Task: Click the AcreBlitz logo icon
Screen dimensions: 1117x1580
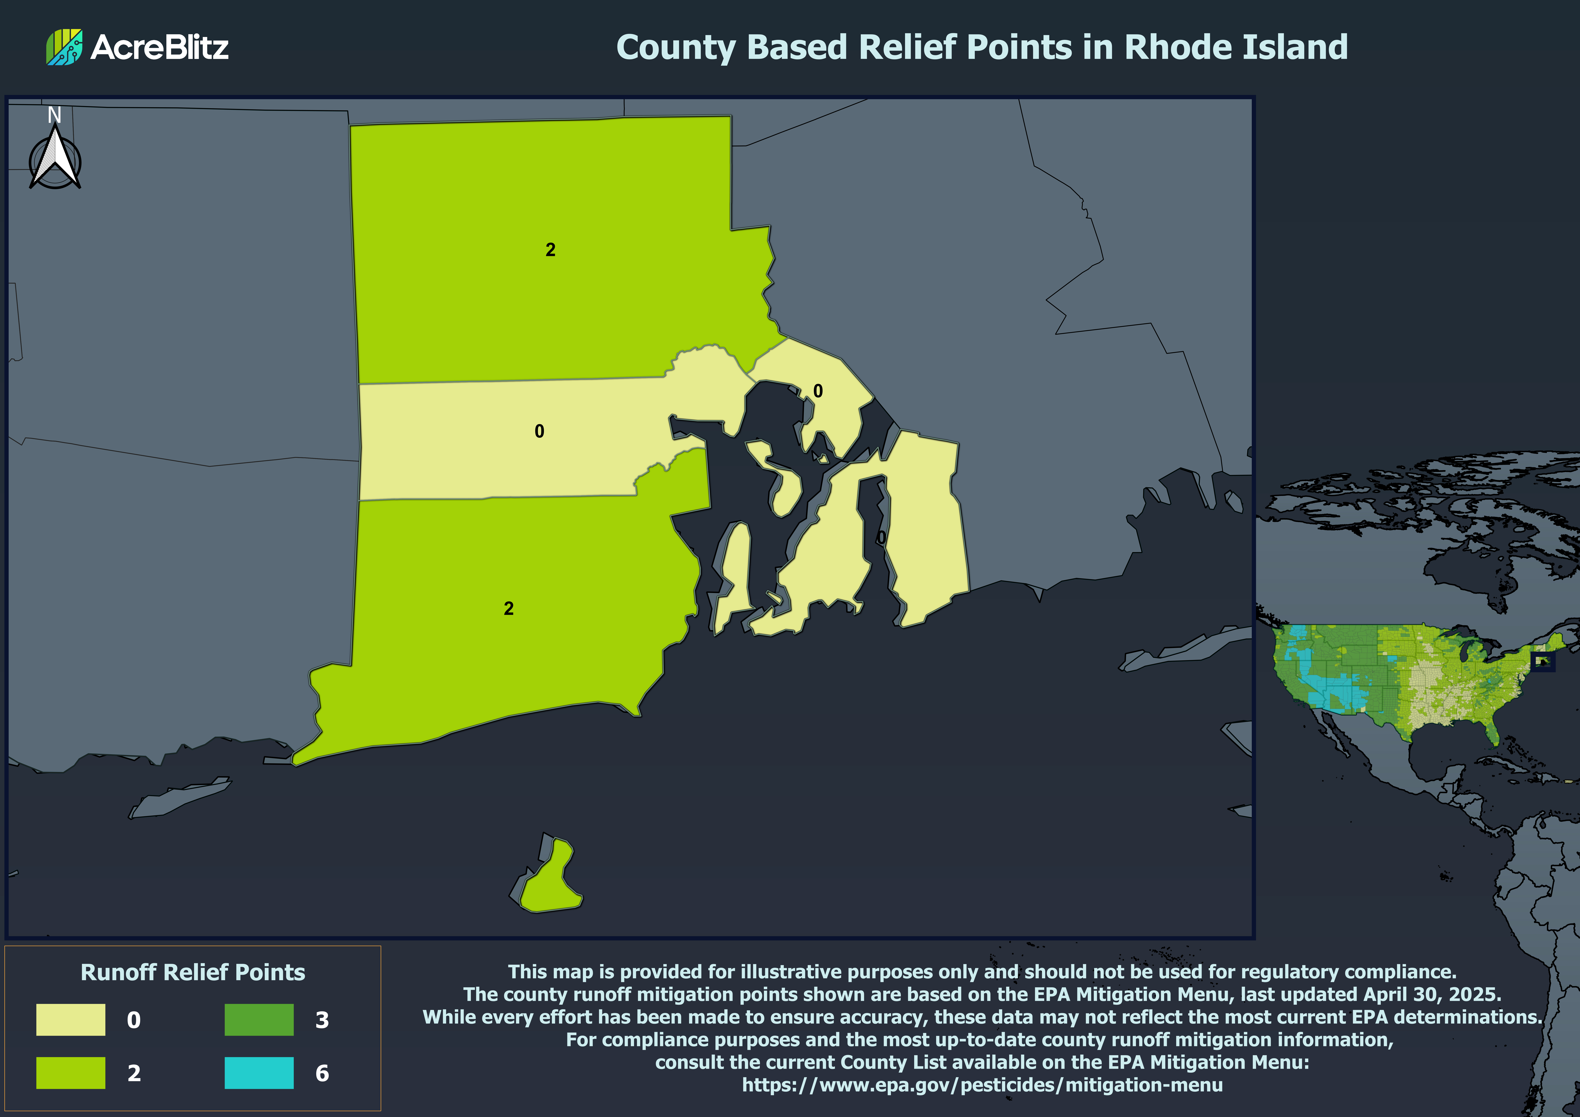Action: tap(64, 47)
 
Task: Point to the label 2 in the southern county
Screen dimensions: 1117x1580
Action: tap(509, 608)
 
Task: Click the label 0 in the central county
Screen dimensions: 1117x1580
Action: tap(540, 431)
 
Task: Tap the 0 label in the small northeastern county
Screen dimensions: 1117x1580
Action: tap(818, 391)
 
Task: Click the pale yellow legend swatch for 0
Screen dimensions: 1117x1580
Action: tap(71, 1019)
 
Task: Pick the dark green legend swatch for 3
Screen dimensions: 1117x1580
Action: tap(259, 1019)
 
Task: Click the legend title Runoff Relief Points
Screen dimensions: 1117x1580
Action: tap(193, 972)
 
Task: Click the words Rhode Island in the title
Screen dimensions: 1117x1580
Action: tap(1235, 47)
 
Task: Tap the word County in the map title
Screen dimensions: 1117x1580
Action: tap(676, 47)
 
